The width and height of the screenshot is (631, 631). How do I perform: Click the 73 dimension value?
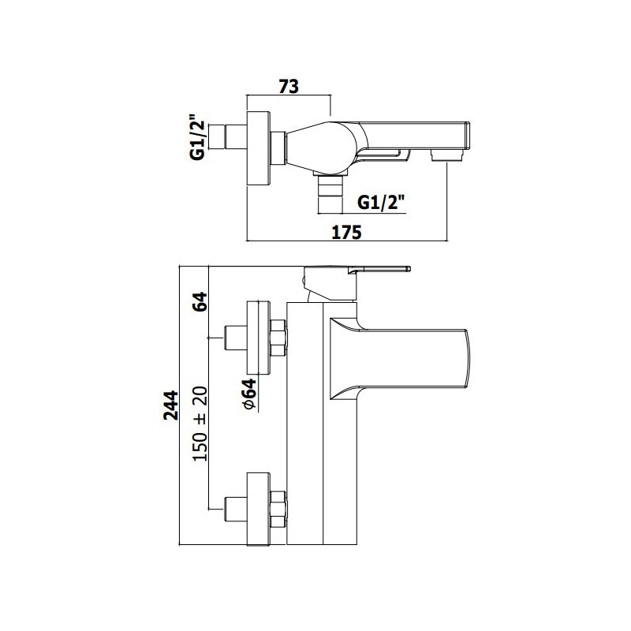click(289, 86)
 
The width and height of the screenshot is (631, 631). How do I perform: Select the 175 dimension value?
click(346, 232)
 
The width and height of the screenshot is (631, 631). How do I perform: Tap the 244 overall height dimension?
click(170, 405)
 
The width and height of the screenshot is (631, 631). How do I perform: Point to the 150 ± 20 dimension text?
click(200, 424)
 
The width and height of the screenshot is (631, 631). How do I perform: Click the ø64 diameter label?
click(249, 394)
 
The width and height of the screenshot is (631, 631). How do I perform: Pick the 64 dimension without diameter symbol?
click(200, 301)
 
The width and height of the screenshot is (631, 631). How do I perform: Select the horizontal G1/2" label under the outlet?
click(380, 203)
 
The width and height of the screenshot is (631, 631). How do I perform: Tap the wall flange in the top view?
click(259, 148)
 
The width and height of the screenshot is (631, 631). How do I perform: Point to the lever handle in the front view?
click(357, 283)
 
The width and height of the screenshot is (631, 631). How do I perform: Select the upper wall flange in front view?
click(258, 338)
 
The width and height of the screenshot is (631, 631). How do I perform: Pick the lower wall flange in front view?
click(258, 510)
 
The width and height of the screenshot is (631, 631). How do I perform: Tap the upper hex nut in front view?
click(278, 338)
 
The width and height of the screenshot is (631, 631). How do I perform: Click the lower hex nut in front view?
click(278, 510)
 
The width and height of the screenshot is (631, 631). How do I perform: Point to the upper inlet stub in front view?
click(235, 338)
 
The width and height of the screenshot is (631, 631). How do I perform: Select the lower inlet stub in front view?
click(235, 510)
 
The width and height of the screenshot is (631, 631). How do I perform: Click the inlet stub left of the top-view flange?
click(235, 138)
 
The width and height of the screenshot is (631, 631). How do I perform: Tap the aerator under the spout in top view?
click(447, 155)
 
